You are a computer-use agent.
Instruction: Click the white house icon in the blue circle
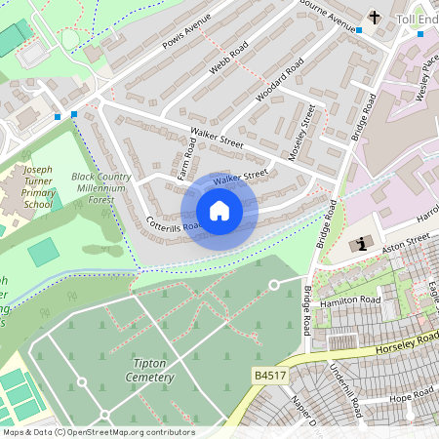219,211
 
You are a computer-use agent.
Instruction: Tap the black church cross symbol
375,18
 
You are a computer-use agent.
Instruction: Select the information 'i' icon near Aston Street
363,244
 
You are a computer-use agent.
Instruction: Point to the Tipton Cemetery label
153,370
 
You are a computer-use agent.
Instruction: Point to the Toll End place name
417,19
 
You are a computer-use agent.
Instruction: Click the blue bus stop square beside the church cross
359,30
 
